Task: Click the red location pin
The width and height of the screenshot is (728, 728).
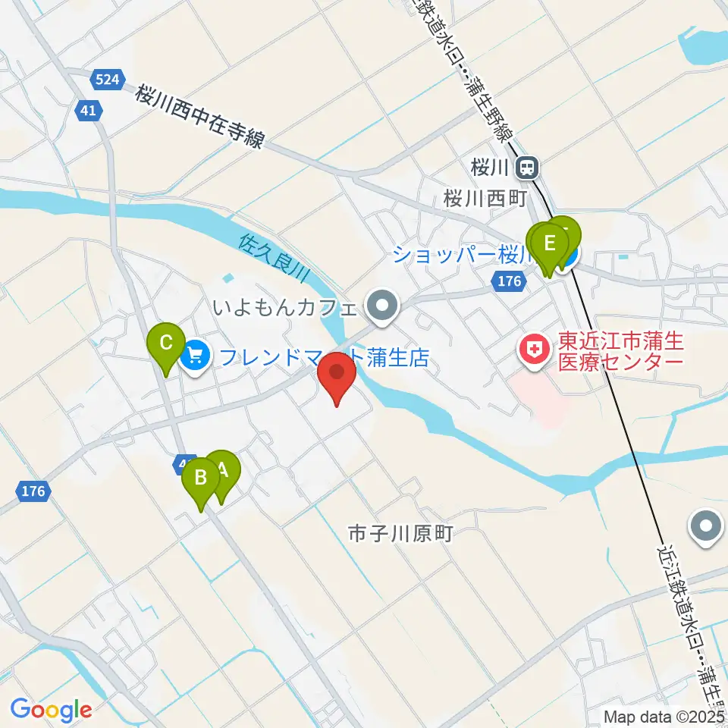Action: (337, 377)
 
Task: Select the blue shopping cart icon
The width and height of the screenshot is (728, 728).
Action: (195, 353)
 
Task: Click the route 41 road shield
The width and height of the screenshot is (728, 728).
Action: (89, 111)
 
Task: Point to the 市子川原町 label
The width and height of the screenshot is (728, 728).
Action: (400, 534)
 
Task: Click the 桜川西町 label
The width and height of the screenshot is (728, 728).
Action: (485, 199)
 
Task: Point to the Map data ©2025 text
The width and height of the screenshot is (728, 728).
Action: (664, 716)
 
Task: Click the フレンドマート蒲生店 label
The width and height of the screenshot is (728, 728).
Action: (322, 355)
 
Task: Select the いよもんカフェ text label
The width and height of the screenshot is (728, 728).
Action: (284, 308)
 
